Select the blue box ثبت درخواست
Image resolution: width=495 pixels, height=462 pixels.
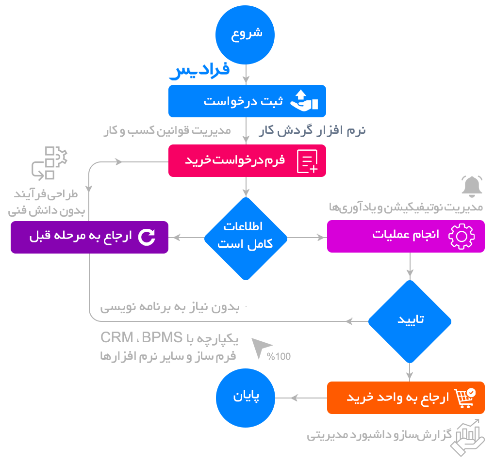pyautogui.click(x=247, y=101)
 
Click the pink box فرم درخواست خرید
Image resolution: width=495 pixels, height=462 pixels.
pyautogui.click(x=247, y=161)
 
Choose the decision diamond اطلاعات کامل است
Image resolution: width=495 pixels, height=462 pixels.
pyautogui.click(x=246, y=238)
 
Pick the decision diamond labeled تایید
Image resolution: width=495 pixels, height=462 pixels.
pyautogui.click(x=410, y=321)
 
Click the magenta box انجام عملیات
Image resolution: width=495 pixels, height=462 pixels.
pyautogui.click(x=405, y=236)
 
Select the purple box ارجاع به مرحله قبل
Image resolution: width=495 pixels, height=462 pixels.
pyautogui.click(x=89, y=237)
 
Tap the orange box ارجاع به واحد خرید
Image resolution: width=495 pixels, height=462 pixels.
pyautogui.click(x=405, y=398)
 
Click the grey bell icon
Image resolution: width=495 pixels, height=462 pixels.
pyautogui.click(x=472, y=187)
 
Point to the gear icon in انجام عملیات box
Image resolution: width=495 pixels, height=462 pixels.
pyautogui.click(x=460, y=236)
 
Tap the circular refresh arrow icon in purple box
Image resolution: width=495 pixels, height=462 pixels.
pyautogui.click(x=147, y=237)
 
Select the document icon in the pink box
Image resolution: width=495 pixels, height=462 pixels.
pyautogui.click(x=307, y=161)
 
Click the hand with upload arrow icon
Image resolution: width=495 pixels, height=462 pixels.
pyautogui.click(x=303, y=101)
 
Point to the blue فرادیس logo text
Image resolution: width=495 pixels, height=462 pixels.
pyautogui.click(x=199, y=71)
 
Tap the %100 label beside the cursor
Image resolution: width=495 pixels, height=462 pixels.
pyautogui.click(x=279, y=356)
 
